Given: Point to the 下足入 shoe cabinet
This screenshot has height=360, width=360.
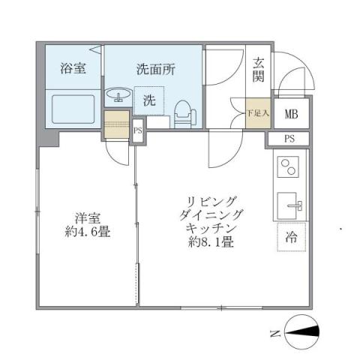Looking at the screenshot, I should [x=257, y=114].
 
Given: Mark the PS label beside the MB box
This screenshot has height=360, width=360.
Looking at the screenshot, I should [x=289, y=139].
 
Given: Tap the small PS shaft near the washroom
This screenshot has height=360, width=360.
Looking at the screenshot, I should [x=137, y=129].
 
